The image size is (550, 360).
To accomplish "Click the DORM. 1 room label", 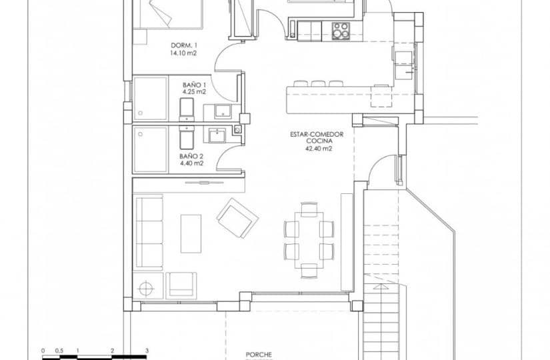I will tap(183, 45).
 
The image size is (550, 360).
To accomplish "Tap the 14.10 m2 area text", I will tap(183, 53).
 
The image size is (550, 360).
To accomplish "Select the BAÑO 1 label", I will tap(194, 85).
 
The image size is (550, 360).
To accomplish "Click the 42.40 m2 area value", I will tap(317, 149).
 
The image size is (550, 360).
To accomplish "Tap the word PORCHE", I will tap(259, 355).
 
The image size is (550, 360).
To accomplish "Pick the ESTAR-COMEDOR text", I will tap(317, 134).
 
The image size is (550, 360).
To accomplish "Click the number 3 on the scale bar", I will tap(146, 350).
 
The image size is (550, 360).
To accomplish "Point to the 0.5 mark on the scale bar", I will tap(59, 350).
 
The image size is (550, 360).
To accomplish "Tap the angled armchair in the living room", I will tap(237, 218).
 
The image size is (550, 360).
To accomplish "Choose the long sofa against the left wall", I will tap(148, 232).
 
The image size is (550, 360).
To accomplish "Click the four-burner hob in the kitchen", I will tap(341, 29).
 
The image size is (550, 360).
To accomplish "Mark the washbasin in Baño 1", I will tap(224, 109).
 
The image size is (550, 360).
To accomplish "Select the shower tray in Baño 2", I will tap(150, 149).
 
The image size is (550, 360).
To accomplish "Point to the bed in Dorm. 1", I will tap(167, 13).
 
